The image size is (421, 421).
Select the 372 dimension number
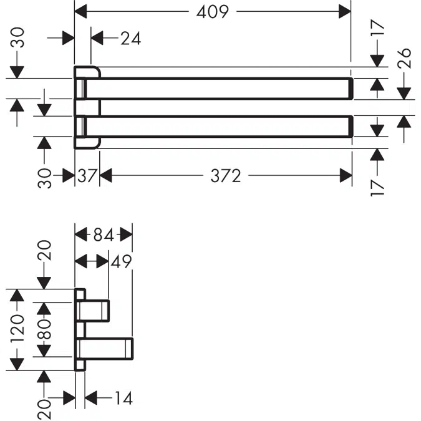click(225, 177)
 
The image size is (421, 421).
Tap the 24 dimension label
click(130, 38)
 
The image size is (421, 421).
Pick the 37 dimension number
click(87, 177)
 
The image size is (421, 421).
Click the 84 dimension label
click(104, 235)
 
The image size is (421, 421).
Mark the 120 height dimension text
click(17, 329)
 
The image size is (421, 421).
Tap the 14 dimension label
click(122, 397)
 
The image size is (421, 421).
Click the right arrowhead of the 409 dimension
click(345, 11)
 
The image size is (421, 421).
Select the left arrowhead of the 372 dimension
click(105, 177)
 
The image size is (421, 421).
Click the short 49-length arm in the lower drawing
click(95, 310)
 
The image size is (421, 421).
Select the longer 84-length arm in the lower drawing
click(106, 348)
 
